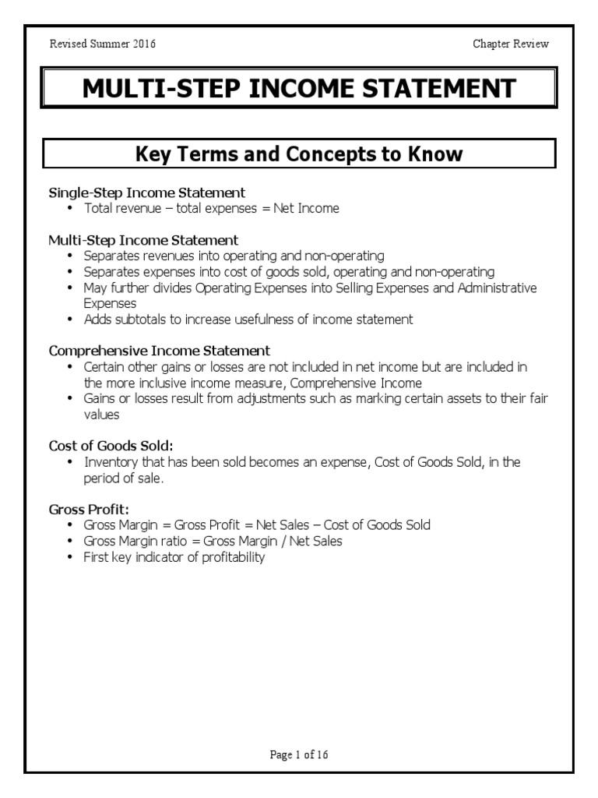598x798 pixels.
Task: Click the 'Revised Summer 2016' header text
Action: tap(102, 44)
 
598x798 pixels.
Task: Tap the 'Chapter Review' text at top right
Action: tap(511, 44)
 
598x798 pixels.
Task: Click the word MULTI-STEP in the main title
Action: tap(160, 89)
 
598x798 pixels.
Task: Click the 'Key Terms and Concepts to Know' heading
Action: tap(299, 154)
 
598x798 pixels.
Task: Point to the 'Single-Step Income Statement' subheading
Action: tap(147, 192)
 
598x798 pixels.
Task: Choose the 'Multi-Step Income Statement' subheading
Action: tap(143, 239)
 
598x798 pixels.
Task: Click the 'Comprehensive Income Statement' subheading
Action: tap(160, 351)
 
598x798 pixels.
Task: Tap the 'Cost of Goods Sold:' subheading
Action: tap(111, 446)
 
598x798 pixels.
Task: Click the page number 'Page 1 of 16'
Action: tap(299, 754)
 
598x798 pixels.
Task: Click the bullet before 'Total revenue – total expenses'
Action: tap(71, 209)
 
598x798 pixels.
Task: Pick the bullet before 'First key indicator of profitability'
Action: tap(71, 558)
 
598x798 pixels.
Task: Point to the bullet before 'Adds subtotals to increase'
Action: tap(71, 320)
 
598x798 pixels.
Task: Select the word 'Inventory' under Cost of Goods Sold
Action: tap(109, 462)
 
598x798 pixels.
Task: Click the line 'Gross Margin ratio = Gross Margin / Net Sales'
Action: tap(213, 542)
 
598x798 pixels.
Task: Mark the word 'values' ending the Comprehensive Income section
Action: tap(102, 415)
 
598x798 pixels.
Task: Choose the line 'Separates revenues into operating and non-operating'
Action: tap(234, 256)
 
